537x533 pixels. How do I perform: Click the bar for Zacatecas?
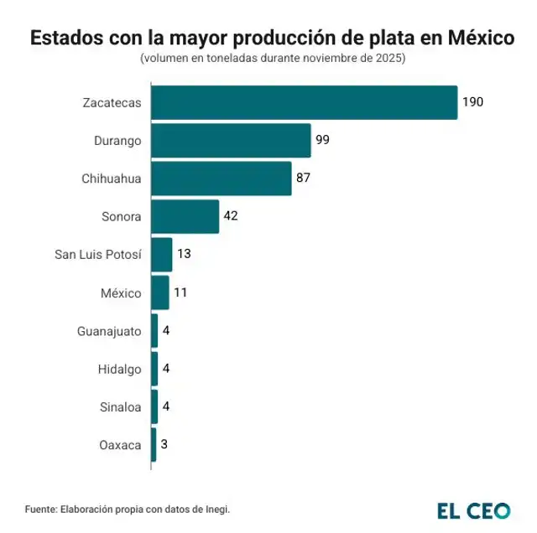pos(304,102)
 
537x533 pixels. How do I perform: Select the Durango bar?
pos(231,140)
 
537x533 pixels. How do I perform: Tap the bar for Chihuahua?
pos(222,179)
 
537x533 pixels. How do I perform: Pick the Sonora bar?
pos(185,216)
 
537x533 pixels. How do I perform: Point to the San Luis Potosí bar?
pos(162,255)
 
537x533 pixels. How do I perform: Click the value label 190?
pos(473,102)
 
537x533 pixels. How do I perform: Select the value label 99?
pos(322,140)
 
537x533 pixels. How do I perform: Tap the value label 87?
pos(304,179)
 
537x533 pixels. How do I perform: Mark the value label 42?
pos(231,216)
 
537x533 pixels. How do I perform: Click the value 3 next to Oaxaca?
pos(164,444)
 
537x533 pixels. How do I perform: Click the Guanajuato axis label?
pos(109,331)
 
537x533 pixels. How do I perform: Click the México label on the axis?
pos(121,292)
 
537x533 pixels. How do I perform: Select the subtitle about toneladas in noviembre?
pos(273,60)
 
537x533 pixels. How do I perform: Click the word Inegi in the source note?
pos(215,509)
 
